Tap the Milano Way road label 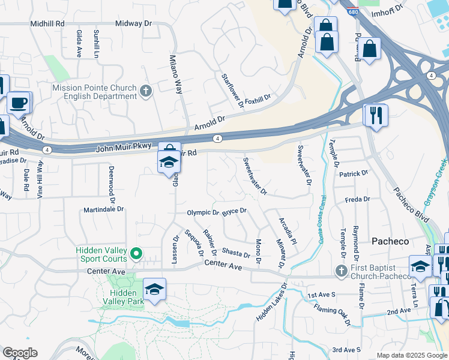click(x=175, y=74)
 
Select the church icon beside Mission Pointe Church click(x=145, y=92)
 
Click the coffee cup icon click(x=19, y=103)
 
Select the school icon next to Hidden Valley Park click(x=154, y=289)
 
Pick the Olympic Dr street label click(x=203, y=212)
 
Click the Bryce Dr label click(x=235, y=211)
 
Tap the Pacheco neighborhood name click(x=390, y=241)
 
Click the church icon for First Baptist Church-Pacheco click(x=342, y=271)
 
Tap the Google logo click(x=20, y=353)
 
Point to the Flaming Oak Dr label click(x=332, y=314)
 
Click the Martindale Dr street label click(x=103, y=209)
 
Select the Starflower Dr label click(x=232, y=91)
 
